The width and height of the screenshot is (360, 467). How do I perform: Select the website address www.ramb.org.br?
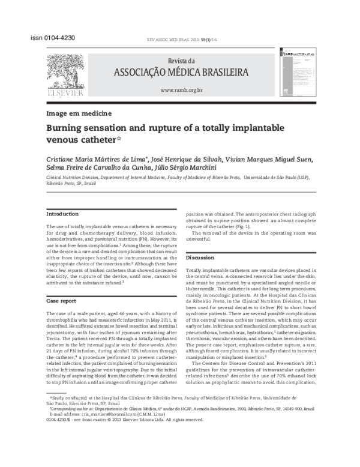pos(182,90)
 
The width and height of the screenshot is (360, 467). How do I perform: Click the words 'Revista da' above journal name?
pos(182,61)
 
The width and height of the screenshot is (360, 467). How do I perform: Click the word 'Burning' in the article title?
pos(67,128)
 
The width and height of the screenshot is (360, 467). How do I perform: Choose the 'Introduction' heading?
pos(62,214)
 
